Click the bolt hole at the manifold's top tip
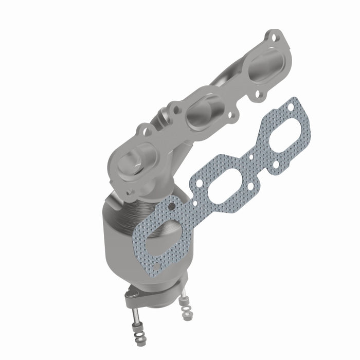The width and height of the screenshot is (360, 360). tap(273, 37)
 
